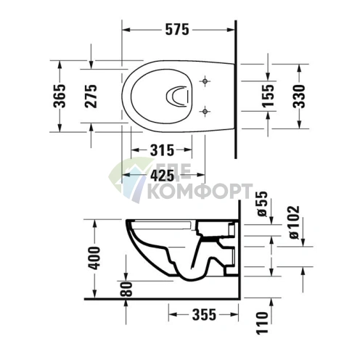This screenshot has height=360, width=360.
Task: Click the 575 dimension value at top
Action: (177, 30)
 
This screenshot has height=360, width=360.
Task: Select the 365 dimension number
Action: (60, 96)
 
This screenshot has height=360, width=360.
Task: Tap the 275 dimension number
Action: (91, 96)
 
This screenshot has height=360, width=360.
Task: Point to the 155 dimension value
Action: (268, 96)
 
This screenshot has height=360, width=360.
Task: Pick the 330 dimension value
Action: (299, 97)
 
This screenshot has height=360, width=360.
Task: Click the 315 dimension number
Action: (162, 150)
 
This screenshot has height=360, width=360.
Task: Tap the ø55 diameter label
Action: (262, 204)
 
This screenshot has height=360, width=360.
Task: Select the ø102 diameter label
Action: (294, 223)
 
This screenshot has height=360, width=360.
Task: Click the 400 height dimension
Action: (94, 258)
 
